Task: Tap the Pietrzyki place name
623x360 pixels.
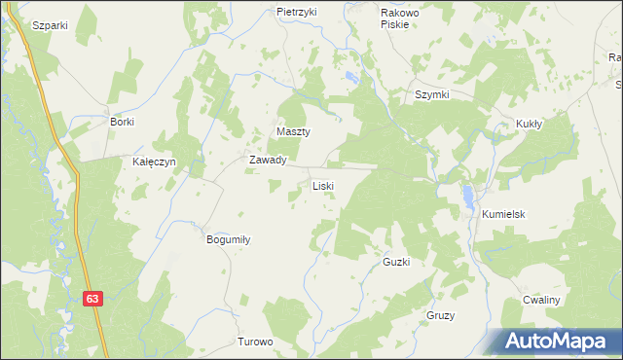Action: [x=297, y=12]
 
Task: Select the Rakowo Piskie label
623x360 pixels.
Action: [x=399, y=18]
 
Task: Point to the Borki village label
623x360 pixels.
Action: [x=122, y=122]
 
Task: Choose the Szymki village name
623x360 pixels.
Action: [x=431, y=94]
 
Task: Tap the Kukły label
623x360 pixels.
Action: [x=529, y=125]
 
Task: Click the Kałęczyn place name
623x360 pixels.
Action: [x=154, y=162]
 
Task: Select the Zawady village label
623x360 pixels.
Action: [x=267, y=160]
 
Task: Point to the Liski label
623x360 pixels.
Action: [x=323, y=185]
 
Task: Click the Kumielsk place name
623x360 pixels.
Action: [x=501, y=213]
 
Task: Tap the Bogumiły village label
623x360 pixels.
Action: [x=228, y=238]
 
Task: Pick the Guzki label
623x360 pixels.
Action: [x=396, y=263]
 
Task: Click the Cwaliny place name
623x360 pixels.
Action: [x=540, y=300]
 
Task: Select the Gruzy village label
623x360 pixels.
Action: [x=441, y=316]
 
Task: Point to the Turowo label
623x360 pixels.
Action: [x=256, y=342]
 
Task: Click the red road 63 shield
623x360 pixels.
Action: [x=92, y=300]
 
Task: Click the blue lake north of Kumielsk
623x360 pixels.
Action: [x=469, y=196]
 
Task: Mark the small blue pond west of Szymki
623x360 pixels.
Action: [x=351, y=77]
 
